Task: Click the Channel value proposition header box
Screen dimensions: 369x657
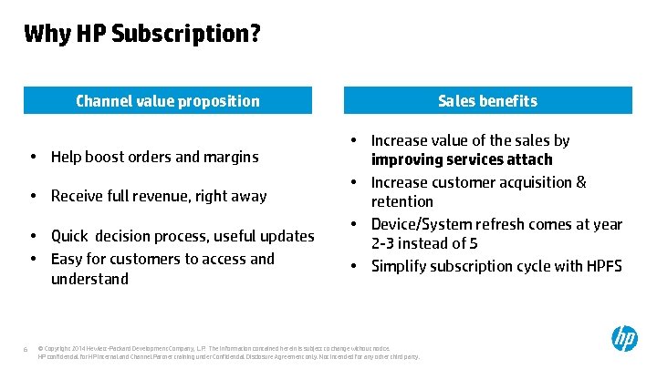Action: (167, 101)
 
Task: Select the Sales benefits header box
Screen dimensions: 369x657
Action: (487, 101)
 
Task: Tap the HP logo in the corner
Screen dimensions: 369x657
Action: (624, 340)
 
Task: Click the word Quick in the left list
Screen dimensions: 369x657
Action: (69, 236)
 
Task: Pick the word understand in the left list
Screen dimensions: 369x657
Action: (89, 279)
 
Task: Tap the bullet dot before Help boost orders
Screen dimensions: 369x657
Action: (33, 157)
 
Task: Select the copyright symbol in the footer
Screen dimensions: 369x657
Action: (42, 348)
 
